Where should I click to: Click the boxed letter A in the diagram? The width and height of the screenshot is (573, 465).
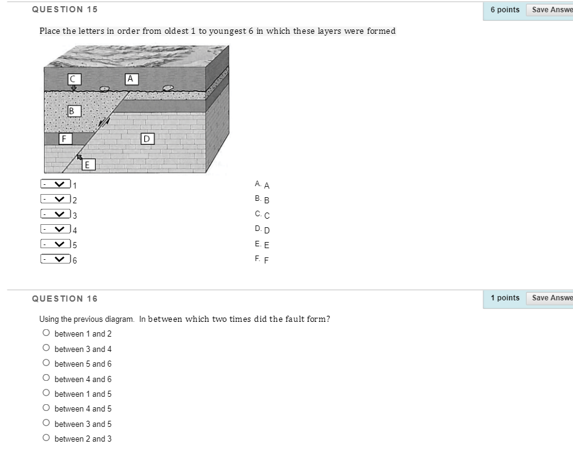point(130,78)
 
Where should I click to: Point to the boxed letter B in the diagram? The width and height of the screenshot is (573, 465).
point(73,111)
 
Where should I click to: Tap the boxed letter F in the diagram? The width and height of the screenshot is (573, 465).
point(63,139)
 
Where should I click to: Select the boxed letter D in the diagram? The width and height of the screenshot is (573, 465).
point(147,138)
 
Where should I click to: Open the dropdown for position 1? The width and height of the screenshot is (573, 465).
point(55,184)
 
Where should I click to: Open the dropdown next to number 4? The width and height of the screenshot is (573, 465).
point(55,229)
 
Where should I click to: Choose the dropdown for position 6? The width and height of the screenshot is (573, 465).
point(55,259)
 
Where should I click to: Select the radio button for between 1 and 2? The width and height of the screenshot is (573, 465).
point(46,334)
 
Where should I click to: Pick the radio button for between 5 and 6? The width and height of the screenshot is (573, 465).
point(46,364)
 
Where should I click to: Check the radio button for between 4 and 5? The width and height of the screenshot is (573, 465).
point(46,408)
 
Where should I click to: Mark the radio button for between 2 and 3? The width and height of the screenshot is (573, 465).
point(46,439)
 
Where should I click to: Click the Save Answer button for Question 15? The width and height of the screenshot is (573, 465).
point(550,10)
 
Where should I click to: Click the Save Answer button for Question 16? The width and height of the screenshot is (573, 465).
point(550,298)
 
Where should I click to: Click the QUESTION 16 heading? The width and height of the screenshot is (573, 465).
point(64,299)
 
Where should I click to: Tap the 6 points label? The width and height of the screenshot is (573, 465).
point(505,10)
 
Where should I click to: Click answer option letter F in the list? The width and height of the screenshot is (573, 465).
point(266,260)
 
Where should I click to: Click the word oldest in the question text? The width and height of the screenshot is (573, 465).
point(175,31)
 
